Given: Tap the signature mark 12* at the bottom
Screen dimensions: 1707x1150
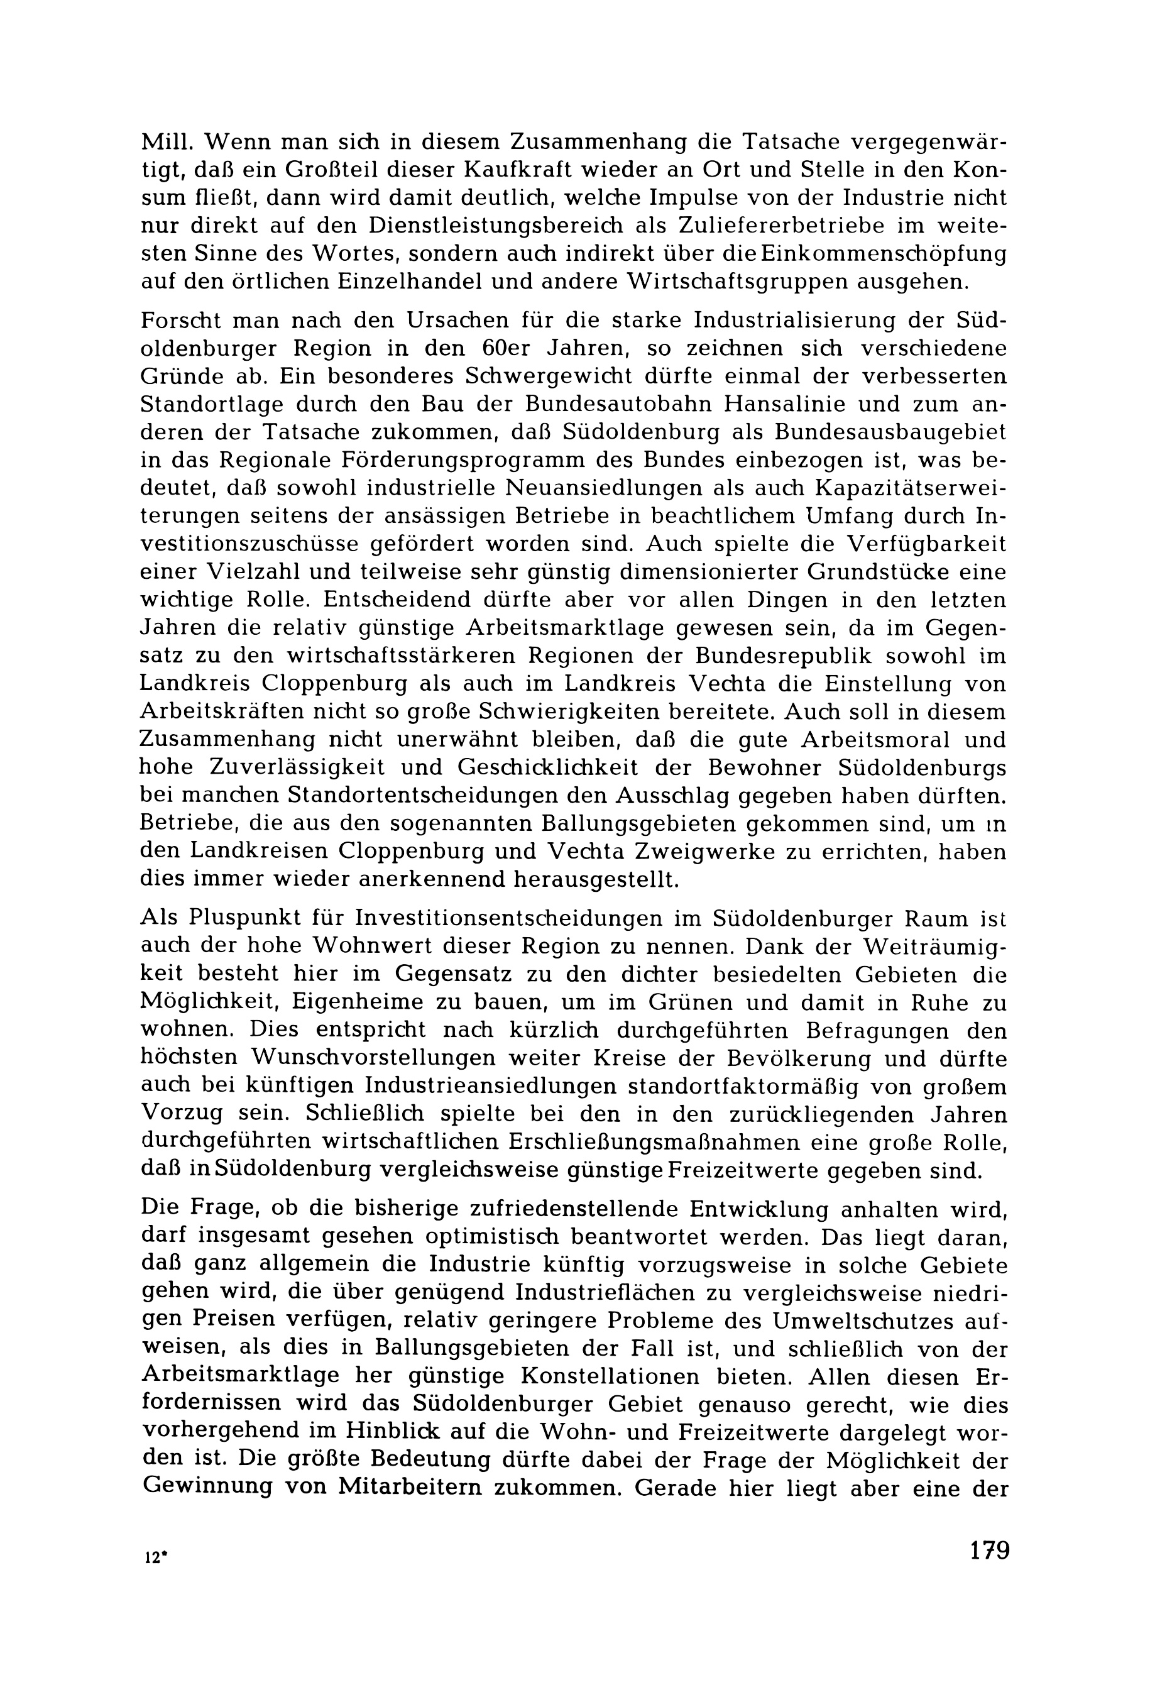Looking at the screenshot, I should click(x=153, y=1558).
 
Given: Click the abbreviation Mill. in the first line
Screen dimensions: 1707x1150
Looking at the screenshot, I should click(x=166, y=141).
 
